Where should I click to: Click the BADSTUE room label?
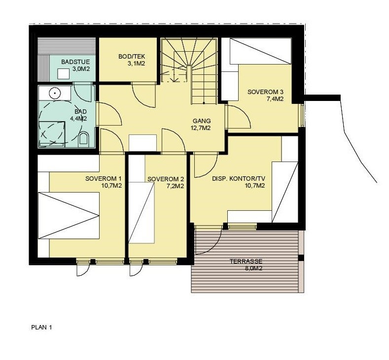(x=72, y=62)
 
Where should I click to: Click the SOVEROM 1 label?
(x=103, y=178)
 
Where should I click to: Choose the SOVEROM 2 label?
(x=166, y=179)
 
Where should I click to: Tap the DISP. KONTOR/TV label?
(x=239, y=179)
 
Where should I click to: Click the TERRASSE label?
(x=246, y=262)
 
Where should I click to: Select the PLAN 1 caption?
(x=41, y=327)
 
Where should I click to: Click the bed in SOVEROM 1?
(x=69, y=215)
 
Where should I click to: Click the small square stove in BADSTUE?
(x=63, y=74)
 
